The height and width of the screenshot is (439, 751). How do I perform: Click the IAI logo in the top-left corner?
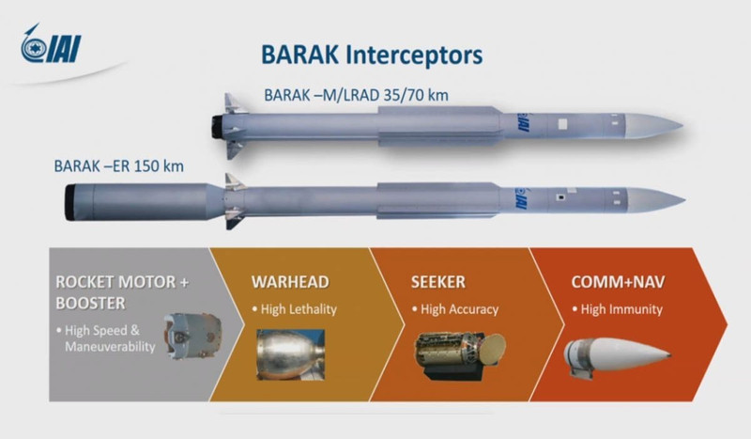pyautogui.click(x=51, y=44)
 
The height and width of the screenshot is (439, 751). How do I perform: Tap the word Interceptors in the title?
pyautogui.click(x=414, y=55)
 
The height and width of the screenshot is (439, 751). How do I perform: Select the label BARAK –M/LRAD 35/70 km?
pyautogui.click(x=357, y=95)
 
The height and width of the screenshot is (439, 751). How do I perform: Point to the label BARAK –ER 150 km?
pyautogui.click(x=119, y=166)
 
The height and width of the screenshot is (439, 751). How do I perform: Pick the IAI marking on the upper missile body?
pyautogui.click(x=521, y=123)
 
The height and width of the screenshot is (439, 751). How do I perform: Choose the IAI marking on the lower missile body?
pyautogui.click(x=520, y=197)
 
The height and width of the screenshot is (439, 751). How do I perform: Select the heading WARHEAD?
pyautogui.click(x=290, y=282)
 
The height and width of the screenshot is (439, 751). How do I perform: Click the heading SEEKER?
pyautogui.click(x=438, y=282)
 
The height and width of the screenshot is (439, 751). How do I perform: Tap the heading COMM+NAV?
pyautogui.click(x=618, y=282)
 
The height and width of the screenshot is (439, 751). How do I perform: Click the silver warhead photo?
pyautogui.click(x=291, y=354)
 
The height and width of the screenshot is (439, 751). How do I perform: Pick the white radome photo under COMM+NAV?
pyautogui.click(x=617, y=356)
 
